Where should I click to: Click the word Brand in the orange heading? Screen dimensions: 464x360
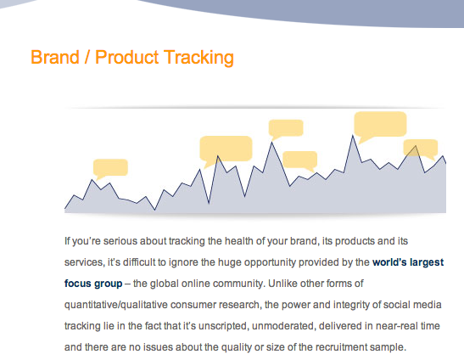click(x=55, y=57)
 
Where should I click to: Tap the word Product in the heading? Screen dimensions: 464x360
click(x=127, y=57)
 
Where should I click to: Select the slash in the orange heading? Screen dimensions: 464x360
click(x=87, y=57)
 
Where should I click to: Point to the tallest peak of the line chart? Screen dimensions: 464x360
click(x=352, y=136)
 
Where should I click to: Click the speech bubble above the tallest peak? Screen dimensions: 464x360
click(x=380, y=126)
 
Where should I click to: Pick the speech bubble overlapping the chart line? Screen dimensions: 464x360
click(x=421, y=148)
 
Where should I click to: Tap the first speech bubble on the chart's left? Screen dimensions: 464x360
click(x=110, y=168)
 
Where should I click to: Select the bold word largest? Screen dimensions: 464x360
click(x=427, y=263)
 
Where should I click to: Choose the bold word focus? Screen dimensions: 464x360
click(x=78, y=284)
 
